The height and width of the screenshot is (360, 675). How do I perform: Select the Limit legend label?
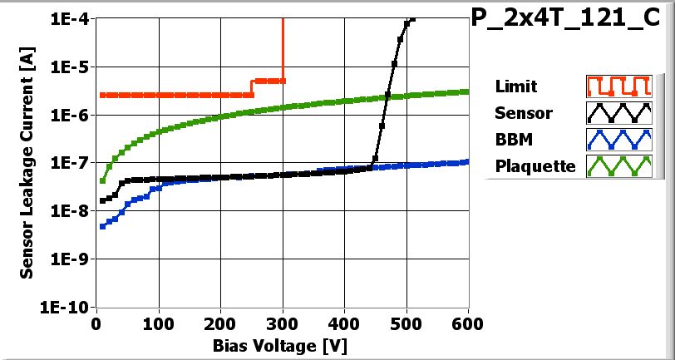click(515, 86)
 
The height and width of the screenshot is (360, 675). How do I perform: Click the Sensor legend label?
click(523, 113)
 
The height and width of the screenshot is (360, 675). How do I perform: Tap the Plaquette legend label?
click(535, 166)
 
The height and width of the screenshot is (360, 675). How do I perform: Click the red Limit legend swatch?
click(616, 86)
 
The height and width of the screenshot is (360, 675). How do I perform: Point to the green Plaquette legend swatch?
click(616, 166)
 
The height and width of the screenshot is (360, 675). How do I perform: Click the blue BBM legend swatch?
click(616, 139)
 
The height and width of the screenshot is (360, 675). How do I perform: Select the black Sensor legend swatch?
click(616, 113)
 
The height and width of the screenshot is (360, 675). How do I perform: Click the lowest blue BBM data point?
click(102, 226)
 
